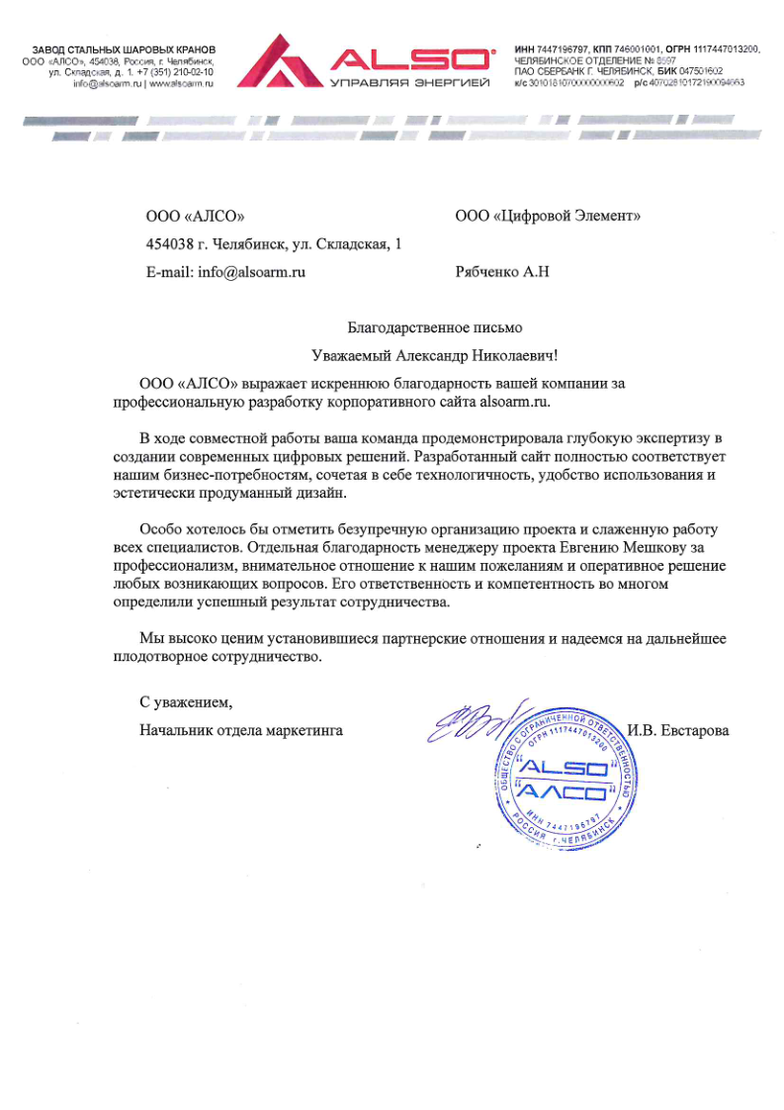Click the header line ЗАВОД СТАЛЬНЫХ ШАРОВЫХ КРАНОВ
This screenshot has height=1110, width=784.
click(x=125, y=49)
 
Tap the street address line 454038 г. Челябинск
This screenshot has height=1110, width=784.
click(x=274, y=243)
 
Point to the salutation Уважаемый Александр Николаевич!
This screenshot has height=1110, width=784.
click(x=434, y=354)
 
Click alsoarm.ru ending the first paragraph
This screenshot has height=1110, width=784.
click(x=512, y=403)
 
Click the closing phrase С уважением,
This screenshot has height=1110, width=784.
click(x=186, y=702)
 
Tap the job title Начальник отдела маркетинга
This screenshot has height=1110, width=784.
click(x=241, y=731)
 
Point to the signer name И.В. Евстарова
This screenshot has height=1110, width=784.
click(x=678, y=731)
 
